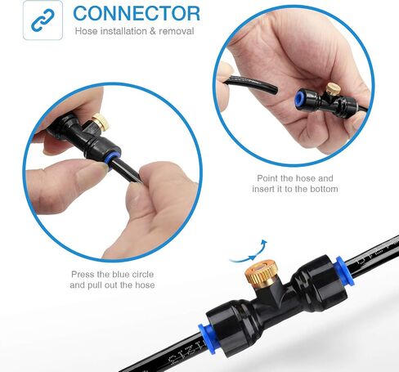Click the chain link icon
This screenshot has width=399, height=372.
point(43,20)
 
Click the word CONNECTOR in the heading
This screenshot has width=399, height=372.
point(137,13)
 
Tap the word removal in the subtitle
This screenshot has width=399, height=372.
point(177,31)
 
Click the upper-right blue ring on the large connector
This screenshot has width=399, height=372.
point(345,271)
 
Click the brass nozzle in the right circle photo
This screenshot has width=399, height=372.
point(332,89)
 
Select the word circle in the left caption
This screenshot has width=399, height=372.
point(142,274)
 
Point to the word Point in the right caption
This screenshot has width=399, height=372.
point(267,178)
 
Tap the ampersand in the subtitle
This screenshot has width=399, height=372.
point(153,31)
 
